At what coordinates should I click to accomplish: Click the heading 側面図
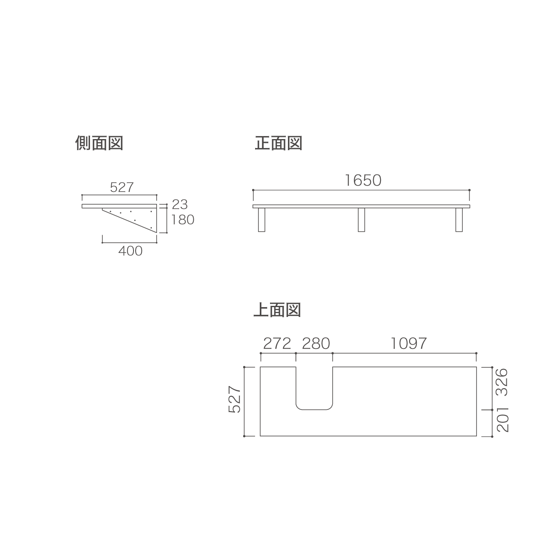point(99,143)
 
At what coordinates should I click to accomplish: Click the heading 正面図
point(279,143)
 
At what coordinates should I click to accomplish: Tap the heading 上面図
point(277,310)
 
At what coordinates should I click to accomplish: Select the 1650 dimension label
point(363,180)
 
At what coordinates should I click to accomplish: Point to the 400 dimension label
point(131,251)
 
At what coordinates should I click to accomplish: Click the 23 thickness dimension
point(180,204)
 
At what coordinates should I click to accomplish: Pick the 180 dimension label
point(183,220)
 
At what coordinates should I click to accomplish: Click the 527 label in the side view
point(122,187)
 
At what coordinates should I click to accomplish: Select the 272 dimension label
point(277,344)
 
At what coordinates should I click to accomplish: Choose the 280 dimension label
point(316,344)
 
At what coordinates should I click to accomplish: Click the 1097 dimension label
point(409,344)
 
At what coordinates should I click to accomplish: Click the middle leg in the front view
point(361,220)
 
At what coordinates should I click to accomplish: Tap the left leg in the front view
point(261,220)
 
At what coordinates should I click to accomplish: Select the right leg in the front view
point(459,220)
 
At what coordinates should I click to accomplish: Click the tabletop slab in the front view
point(361,206)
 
